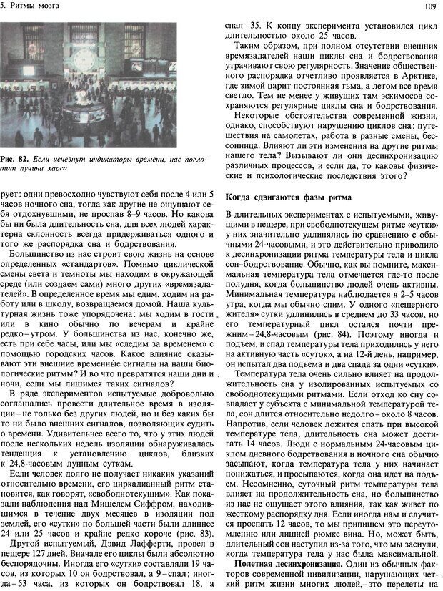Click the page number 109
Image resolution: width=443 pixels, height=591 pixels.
click(429, 6)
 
